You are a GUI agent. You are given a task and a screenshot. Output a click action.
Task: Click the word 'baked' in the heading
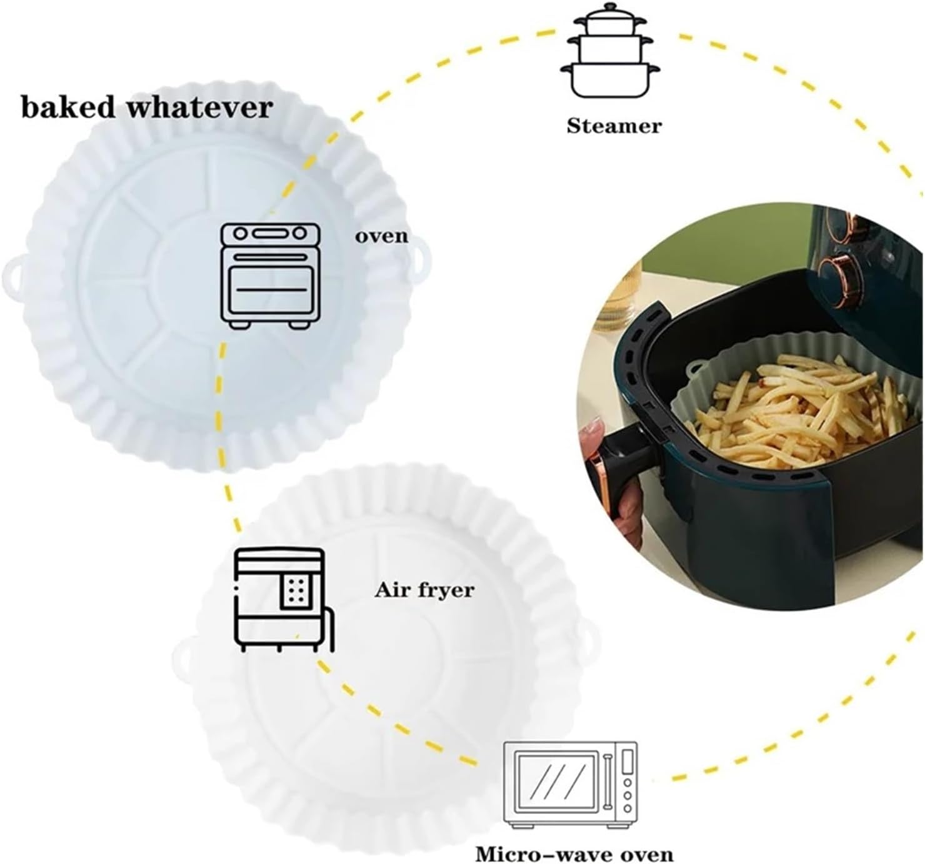pyautogui.click(x=68, y=107)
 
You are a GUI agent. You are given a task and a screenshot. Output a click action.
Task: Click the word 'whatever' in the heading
pyautogui.click(x=209, y=107)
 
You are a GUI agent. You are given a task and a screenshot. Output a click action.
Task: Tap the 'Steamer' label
pyautogui.click(x=614, y=126)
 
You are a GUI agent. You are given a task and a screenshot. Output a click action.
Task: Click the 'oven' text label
pyautogui.click(x=381, y=237)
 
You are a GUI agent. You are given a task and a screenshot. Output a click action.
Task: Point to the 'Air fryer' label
pyautogui.click(x=424, y=590)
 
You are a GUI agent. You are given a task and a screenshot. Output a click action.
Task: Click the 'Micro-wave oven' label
pyautogui.click(x=574, y=853)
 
